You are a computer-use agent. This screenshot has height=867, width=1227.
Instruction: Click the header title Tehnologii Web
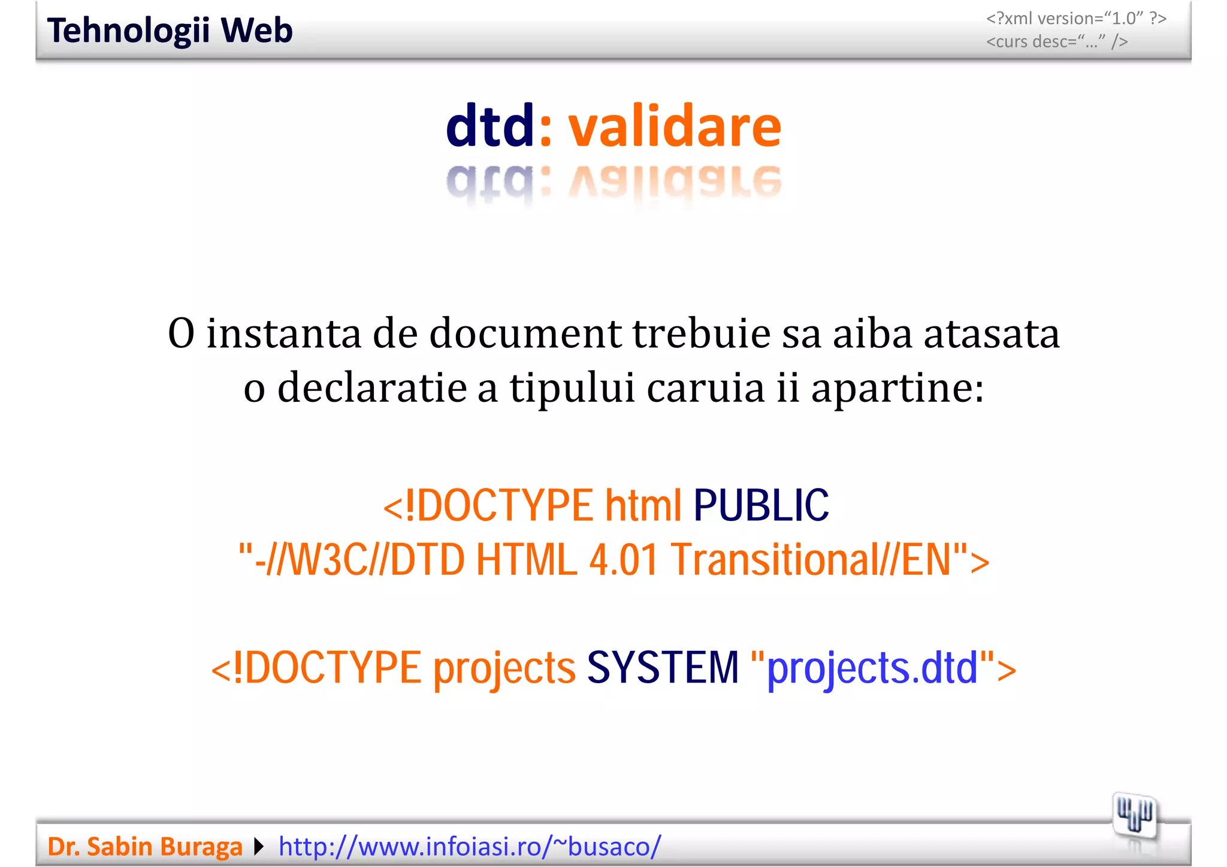pos(170,31)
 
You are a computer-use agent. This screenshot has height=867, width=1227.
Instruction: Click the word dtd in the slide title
pos(489,126)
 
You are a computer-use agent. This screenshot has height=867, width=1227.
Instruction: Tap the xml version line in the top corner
pos(1076,19)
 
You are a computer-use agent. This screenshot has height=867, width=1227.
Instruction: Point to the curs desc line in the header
pos(1057,41)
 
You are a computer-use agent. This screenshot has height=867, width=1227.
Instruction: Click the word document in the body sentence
pos(525,333)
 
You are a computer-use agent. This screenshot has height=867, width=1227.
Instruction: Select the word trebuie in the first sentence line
pos(701,333)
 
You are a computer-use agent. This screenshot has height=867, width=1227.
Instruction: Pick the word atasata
pos(992,333)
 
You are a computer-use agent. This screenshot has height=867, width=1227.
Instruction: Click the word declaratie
pos(371,388)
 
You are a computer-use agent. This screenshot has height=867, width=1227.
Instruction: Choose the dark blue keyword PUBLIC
pos(761,505)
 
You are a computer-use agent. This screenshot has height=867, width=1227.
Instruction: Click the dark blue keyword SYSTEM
pos(663,668)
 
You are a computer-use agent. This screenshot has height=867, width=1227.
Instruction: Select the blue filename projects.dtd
pos(872,668)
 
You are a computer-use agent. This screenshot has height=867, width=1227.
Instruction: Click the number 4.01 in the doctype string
pos(624,560)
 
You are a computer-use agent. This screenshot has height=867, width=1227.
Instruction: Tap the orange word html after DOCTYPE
pos(643,505)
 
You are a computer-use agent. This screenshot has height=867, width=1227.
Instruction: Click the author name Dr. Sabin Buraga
pos(145,847)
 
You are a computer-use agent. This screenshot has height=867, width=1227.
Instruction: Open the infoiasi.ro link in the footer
pos(470,847)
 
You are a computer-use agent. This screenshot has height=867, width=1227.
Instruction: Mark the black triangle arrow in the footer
pos(259,847)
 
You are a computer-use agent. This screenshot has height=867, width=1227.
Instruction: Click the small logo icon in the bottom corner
pos(1134,816)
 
